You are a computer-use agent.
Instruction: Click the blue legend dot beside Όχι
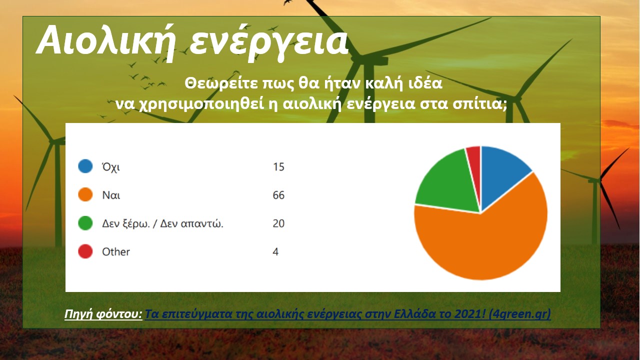pos(85,166)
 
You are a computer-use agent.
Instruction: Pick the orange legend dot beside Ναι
pos(85,194)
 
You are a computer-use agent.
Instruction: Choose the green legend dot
pos(85,223)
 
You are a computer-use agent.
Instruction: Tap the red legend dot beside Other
pos(85,251)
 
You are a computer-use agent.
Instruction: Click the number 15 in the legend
pos(278,166)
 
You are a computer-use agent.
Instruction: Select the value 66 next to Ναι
pos(278,195)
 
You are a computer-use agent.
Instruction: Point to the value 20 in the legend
pos(278,223)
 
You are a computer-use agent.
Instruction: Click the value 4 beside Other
pos(275,251)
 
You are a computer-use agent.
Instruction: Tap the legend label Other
pos(116,251)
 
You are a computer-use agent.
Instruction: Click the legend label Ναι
pos(111,195)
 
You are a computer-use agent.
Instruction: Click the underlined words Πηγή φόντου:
pos(103,314)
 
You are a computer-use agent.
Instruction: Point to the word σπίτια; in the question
pos(480,104)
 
